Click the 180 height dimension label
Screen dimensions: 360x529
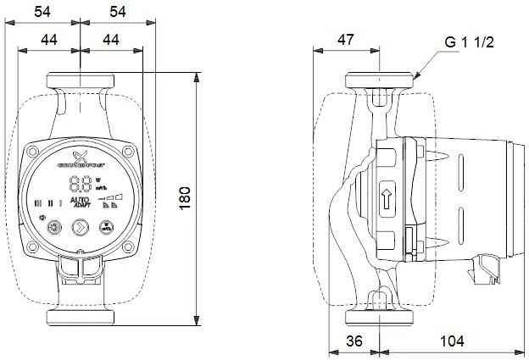pos(186,197)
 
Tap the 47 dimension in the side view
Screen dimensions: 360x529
pos(347,38)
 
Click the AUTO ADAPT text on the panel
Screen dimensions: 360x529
pos(81,202)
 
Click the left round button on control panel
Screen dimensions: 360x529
pos(53,227)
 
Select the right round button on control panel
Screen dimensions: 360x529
pos(107,227)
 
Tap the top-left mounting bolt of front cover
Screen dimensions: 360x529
pos(34,152)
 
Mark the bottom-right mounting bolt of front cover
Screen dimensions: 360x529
pos(127,249)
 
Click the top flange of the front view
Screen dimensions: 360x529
pos(80,80)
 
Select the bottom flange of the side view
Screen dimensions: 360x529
pos(381,318)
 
